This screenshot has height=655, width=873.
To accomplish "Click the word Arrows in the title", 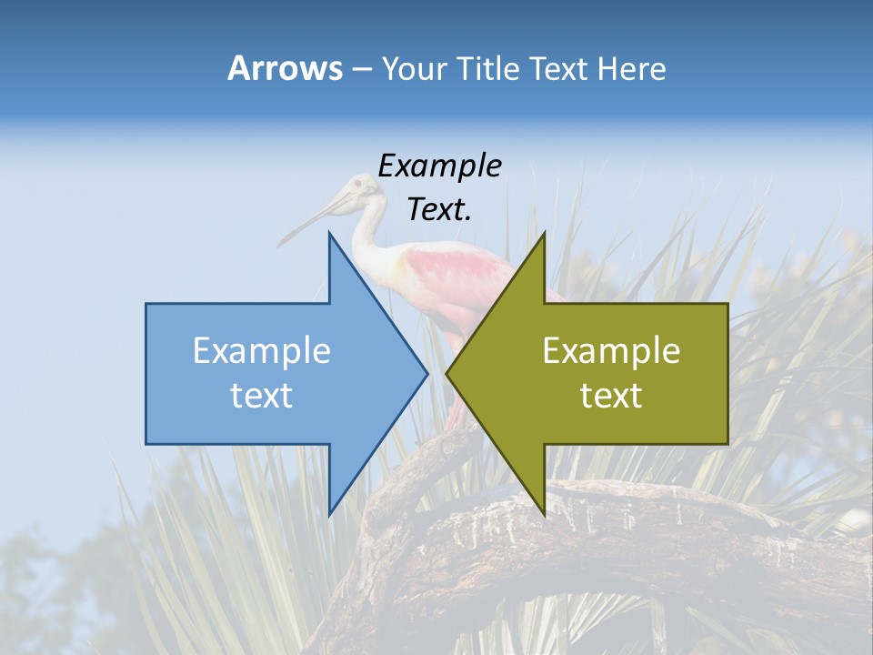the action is pos(286,68).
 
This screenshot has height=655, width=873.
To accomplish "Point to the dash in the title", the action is pos(361,69).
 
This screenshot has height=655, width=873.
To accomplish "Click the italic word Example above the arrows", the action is pos(439,166).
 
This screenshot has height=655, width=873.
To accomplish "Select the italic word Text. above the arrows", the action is pos(439,209).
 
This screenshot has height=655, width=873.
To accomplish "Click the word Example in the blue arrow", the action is pos(262,351).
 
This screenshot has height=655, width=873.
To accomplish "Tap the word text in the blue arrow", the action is pos(262,395).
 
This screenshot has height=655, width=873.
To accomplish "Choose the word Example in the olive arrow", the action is pos(611,351).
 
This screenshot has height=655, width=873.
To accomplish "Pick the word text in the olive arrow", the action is pos(611,395).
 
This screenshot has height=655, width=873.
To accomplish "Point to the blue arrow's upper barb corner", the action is pos(329,234).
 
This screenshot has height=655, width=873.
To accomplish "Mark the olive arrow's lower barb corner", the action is pos(544,514).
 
